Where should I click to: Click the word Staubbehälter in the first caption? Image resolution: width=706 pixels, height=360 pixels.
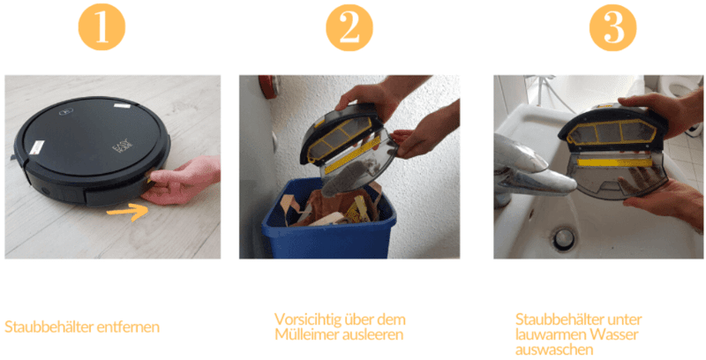click(42, 326)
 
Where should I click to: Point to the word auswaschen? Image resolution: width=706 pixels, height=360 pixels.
click(553, 349)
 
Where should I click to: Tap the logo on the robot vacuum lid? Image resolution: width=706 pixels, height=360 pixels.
click(65, 112)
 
